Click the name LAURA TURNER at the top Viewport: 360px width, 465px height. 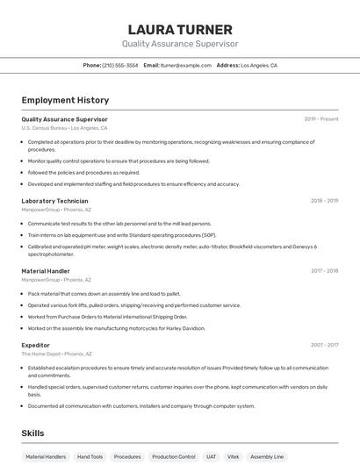(x=180, y=30)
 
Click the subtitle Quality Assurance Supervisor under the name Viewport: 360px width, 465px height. (x=180, y=44)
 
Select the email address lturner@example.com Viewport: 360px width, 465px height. (x=186, y=65)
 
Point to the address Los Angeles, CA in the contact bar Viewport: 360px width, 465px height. (x=259, y=65)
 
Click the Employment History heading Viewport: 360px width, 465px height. (x=65, y=100)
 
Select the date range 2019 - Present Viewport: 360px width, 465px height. (x=321, y=118)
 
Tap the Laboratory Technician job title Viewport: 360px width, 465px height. (x=54, y=201)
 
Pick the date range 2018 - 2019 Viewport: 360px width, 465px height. (x=324, y=201)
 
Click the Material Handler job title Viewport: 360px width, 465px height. (x=46, y=271)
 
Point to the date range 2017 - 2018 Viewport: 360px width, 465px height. (x=324, y=271)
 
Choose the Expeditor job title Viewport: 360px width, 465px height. (x=36, y=345)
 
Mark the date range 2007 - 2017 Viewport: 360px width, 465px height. (x=324, y=345)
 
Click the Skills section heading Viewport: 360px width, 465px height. (x=33, y=433)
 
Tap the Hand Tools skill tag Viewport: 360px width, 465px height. (x=90, y=457)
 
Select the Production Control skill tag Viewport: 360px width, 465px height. (x=174, y=457)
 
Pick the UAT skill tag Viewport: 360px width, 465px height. (x=212, y=457)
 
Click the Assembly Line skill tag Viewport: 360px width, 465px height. (x=267, y=457)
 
